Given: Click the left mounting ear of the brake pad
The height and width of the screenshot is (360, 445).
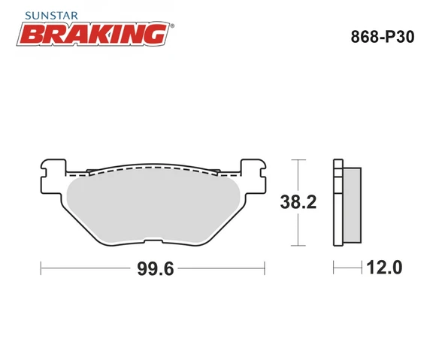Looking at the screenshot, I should pyautogui.click(x=51, y=170).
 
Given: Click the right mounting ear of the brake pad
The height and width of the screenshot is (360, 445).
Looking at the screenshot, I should pyautogui.click(x=254, y=170).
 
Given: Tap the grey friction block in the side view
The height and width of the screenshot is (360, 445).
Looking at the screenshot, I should pyautogui.click(x=351, y=204).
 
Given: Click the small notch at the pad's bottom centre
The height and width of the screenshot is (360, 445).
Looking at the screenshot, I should pyautogui.click(x=153, y=242).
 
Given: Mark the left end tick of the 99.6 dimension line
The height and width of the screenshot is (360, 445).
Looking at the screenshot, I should pyautogui.click(x=41, y=268).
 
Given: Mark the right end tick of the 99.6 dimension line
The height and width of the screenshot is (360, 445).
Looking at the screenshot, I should pyautogui.click(x=265, y=268).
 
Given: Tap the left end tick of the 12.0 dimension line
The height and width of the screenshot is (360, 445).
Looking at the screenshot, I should pyautogui.click(x=334, y=268).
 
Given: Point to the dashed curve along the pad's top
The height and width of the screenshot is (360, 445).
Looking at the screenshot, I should pyautogui.click(x=154, y=170).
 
